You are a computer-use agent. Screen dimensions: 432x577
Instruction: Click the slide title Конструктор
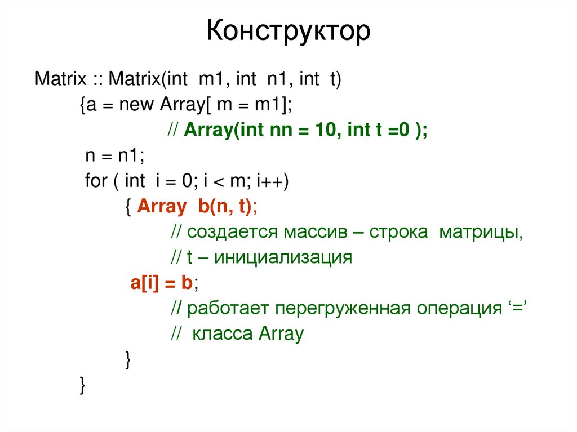[288, 32]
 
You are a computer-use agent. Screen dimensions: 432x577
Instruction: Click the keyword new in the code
[137, 104]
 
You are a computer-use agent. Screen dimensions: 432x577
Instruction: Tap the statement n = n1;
[110, 155]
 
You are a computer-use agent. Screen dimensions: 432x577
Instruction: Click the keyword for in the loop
[96, 181]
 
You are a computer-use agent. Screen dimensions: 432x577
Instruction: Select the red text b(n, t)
[224, 207]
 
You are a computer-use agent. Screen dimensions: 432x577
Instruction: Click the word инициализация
[283, 258]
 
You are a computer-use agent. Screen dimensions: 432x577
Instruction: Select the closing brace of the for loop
[128, 360]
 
